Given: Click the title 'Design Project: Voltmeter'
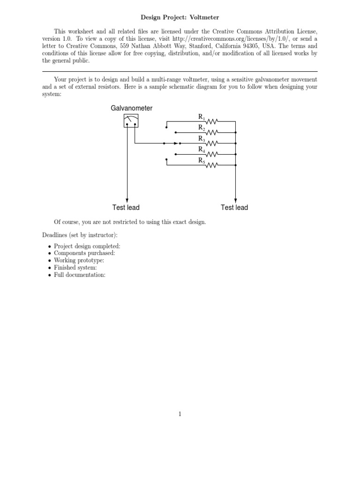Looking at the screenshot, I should coord(180,17).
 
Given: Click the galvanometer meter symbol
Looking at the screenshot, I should coord(131,121).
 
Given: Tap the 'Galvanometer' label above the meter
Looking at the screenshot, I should coord(131,108).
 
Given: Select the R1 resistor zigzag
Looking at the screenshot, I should coord(212,121).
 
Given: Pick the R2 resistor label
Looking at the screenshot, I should coord(201,127).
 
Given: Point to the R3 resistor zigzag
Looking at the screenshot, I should coord(212,143).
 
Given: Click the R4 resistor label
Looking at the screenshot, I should coord(201,150).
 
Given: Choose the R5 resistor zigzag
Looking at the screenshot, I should coord(212,165).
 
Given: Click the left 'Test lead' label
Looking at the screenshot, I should coord(126,207).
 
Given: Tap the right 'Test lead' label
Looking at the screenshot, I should coord(234,207).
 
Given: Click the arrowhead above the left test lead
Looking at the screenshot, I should coord(127,199).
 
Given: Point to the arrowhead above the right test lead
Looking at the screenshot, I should coord(235,199).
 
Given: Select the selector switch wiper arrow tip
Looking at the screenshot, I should coord(177,143).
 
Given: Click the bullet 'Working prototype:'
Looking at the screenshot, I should coord(79,260).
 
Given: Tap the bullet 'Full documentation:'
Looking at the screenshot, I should coord(80,275).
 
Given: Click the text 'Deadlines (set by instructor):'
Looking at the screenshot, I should coord(80,234).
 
